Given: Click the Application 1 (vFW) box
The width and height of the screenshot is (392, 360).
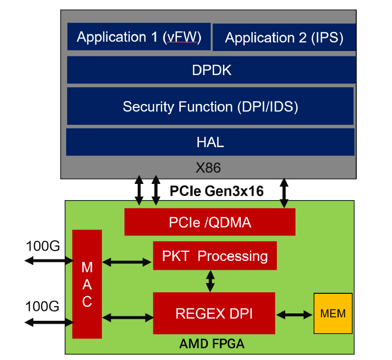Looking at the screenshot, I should click(139, 37).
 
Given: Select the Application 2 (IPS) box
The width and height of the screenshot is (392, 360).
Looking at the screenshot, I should click(284, 38).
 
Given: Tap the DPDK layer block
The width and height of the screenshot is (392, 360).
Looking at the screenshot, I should click(211, 70).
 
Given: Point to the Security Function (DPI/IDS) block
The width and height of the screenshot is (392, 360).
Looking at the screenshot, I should click(210, 106).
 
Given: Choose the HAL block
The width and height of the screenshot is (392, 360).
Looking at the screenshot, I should click(210, 142).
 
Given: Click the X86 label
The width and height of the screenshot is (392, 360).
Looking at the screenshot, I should click(208, 168).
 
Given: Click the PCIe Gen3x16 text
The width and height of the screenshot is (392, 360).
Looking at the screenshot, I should click(217, 191).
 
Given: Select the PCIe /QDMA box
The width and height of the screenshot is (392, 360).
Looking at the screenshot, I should click(210, 222).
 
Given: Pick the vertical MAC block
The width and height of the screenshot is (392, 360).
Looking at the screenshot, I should click(87, 284).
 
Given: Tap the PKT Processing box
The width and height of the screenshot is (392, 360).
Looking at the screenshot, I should click(215, 256).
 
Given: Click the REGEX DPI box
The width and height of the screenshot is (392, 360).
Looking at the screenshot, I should click(214, 313).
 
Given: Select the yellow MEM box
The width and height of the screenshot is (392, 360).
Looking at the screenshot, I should click(333, 313).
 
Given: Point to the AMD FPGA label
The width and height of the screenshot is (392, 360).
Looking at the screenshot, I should click(212, 344).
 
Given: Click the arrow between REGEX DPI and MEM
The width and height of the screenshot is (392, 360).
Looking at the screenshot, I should click(294, 313).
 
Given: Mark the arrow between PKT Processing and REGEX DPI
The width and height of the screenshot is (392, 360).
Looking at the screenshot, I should click(210, 281).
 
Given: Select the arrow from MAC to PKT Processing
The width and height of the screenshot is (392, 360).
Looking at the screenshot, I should click(127, 262).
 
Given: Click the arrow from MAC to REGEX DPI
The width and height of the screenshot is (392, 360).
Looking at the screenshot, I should click(127, 318).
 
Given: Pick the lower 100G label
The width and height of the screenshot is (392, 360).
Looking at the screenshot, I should click(43, 307).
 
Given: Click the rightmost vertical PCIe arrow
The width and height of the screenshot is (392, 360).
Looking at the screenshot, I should click(284, 193).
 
